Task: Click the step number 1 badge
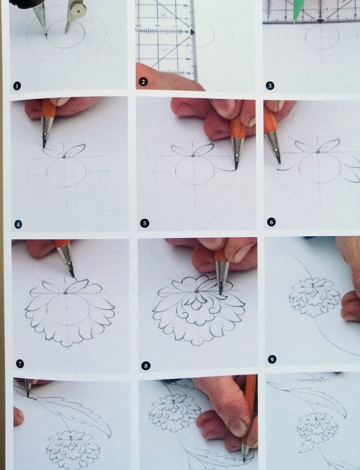17,86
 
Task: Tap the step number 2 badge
143,82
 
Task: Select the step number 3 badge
270,86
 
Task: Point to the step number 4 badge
18,224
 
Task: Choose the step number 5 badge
145,223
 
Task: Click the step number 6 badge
271,222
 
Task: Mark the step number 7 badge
20,364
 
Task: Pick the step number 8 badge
146,366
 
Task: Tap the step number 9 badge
272,359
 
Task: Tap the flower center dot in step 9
312,284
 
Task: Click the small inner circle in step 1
66,34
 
